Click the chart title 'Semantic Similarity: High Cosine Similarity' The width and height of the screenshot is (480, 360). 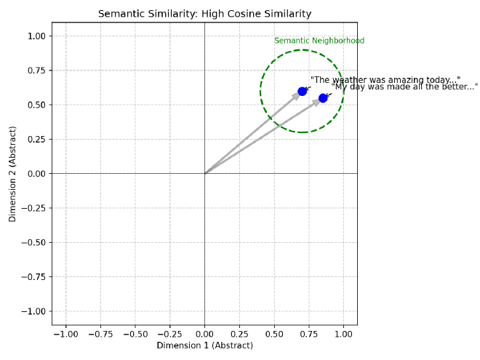pyautogui.click(x=204, y=14)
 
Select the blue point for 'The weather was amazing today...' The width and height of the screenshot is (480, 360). pyautogui.click(x=302, y=91)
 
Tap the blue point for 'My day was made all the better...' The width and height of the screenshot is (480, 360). pyautogui.click(x=323, y=97)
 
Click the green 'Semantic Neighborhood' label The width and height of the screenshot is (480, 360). pyautogui.click(x=319, y=41)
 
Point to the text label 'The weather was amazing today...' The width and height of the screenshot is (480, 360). pyautogui.click(x=385, y=80)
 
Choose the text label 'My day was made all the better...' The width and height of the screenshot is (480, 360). pyautogui.click(x=405, y=87)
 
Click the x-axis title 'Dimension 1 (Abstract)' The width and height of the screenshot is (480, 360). pyautogui.click(x=204, y=345)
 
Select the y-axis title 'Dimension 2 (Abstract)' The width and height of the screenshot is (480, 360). pyautogui.click(x=12, y=173)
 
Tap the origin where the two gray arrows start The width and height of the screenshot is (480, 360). pyautogui.click(x=204, y=173)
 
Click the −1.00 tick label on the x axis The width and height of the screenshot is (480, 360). pyautogui.click(x=65, y=334)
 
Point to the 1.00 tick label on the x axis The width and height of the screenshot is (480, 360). pyautogui.click(x=343, y=334)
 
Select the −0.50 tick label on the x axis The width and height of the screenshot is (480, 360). pyautogui.click(x=135, y=334)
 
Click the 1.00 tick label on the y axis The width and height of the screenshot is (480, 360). pyautogui.click(x=36, y=36)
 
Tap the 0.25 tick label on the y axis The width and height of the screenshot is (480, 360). pyautogui.click(x=36, y=139)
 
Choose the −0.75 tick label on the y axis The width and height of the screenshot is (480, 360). pyautogui.click(x=33, y=277)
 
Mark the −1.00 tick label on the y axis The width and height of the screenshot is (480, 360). pyautogui.click(x=33, y=311)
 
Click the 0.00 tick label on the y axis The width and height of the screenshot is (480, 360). pyautogui.click(x=36, y=174)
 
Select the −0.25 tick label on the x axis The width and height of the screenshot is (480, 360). pyautogui.click(x=169, y=334)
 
